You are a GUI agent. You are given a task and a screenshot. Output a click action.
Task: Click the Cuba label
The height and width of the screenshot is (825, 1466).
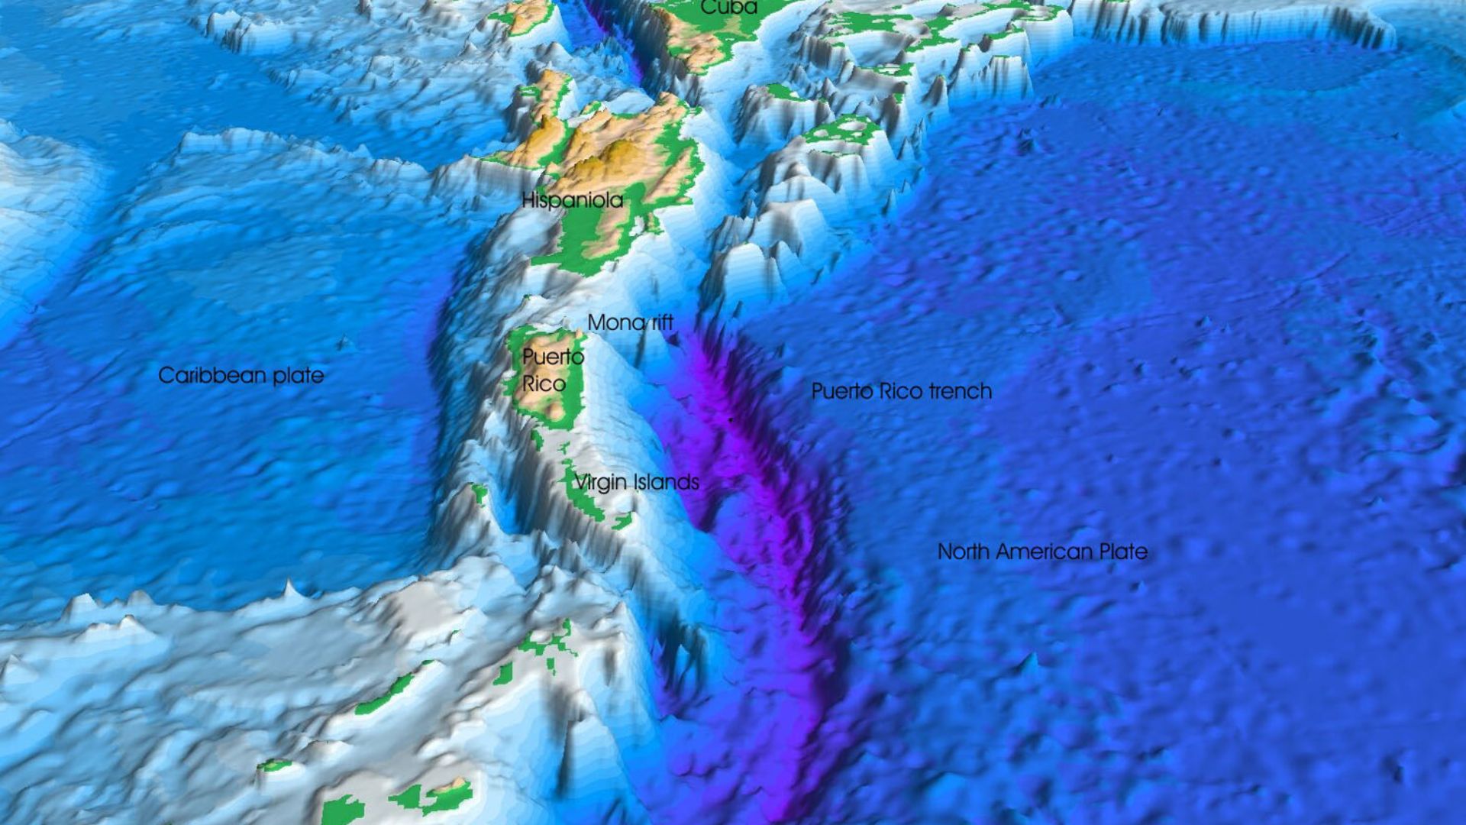point(728,8)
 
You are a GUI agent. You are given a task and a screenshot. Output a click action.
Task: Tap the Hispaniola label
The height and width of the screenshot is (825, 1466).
point(572,201)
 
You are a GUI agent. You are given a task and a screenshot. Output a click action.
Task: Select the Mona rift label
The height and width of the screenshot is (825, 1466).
point(630,322)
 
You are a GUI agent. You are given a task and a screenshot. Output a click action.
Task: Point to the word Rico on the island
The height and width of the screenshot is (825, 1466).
point(544,383)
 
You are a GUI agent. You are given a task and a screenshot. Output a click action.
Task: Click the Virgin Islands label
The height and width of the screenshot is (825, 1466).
point(636,482)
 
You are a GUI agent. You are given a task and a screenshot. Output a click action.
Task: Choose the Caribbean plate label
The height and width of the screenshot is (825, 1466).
point(241,376)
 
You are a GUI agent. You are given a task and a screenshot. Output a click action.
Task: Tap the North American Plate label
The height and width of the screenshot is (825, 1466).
point(1042,552)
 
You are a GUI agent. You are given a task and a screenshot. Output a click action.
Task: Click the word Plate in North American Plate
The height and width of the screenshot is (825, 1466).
point(1122,552)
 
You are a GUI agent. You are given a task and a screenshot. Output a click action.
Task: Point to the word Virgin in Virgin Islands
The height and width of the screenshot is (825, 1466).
point(600,483)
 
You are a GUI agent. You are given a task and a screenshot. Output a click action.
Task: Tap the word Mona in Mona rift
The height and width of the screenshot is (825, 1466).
point(611,322)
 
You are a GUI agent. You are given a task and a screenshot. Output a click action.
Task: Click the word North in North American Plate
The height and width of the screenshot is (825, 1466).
point(964,552)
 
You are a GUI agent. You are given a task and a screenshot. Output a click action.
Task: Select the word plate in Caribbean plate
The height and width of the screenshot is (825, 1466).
point(301,376)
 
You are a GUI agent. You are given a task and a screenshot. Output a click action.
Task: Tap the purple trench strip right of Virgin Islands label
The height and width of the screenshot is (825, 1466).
point(756,489)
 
